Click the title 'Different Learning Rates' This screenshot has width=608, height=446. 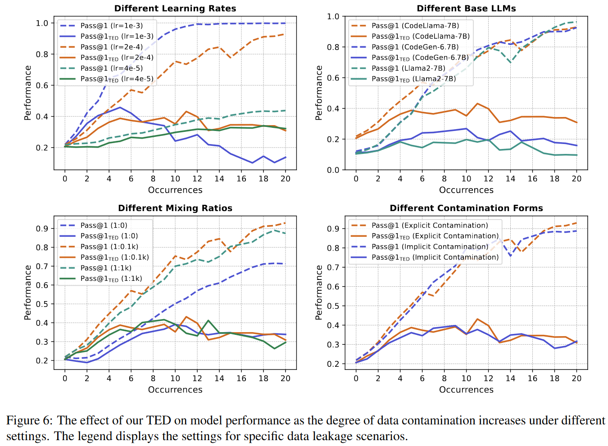tap(175, 9)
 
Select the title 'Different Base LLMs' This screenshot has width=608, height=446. tap(466, 9)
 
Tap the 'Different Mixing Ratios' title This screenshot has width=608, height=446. tap(175, 208)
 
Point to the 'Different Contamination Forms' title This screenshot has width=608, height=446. tap(466, 208)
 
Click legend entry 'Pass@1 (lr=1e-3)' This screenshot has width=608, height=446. tap(111, 26)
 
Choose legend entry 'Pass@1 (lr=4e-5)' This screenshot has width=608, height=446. tap(111, 68)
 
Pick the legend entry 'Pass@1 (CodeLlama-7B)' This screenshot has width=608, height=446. tap(415, 26)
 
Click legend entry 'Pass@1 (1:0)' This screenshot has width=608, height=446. tap(104, 225)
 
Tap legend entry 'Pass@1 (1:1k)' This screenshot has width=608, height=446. tap(105, 268)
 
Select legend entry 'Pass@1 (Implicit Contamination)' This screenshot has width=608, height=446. tap(430, 247)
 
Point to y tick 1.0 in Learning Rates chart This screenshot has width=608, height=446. tap(42, 23)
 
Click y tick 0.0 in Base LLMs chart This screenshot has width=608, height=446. tap(333, 170)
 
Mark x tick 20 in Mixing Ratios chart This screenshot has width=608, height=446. tap(285, 378)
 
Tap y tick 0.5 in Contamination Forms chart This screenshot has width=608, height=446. tap(333, 306)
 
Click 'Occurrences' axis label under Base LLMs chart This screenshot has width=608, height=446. tap(466, 190)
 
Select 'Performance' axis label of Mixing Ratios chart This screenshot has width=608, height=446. tap(28, 293)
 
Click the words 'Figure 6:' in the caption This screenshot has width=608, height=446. tap(29, 420)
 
